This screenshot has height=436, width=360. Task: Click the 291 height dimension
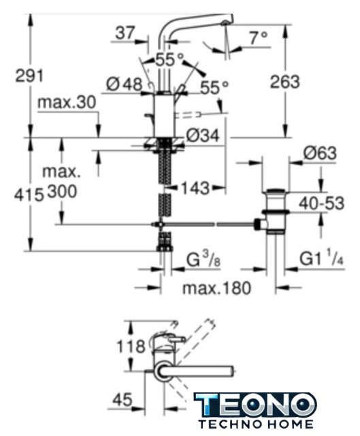[x=29, y=76]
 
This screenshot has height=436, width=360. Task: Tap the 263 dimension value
[x=285, y=82]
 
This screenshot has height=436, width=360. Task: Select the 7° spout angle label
[x=259, y=38]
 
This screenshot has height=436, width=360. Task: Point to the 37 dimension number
[x=125, y=33]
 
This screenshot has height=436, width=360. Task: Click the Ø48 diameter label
[x=125, y=84]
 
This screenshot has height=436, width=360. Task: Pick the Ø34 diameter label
[x=203, y=136]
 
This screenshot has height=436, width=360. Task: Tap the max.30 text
[x=67, y=102]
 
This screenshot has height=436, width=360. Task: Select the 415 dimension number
[x=29, y=195]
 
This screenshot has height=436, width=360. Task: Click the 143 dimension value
[x=195, y=188]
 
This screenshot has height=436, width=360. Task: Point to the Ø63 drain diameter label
[x=320, y=153]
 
